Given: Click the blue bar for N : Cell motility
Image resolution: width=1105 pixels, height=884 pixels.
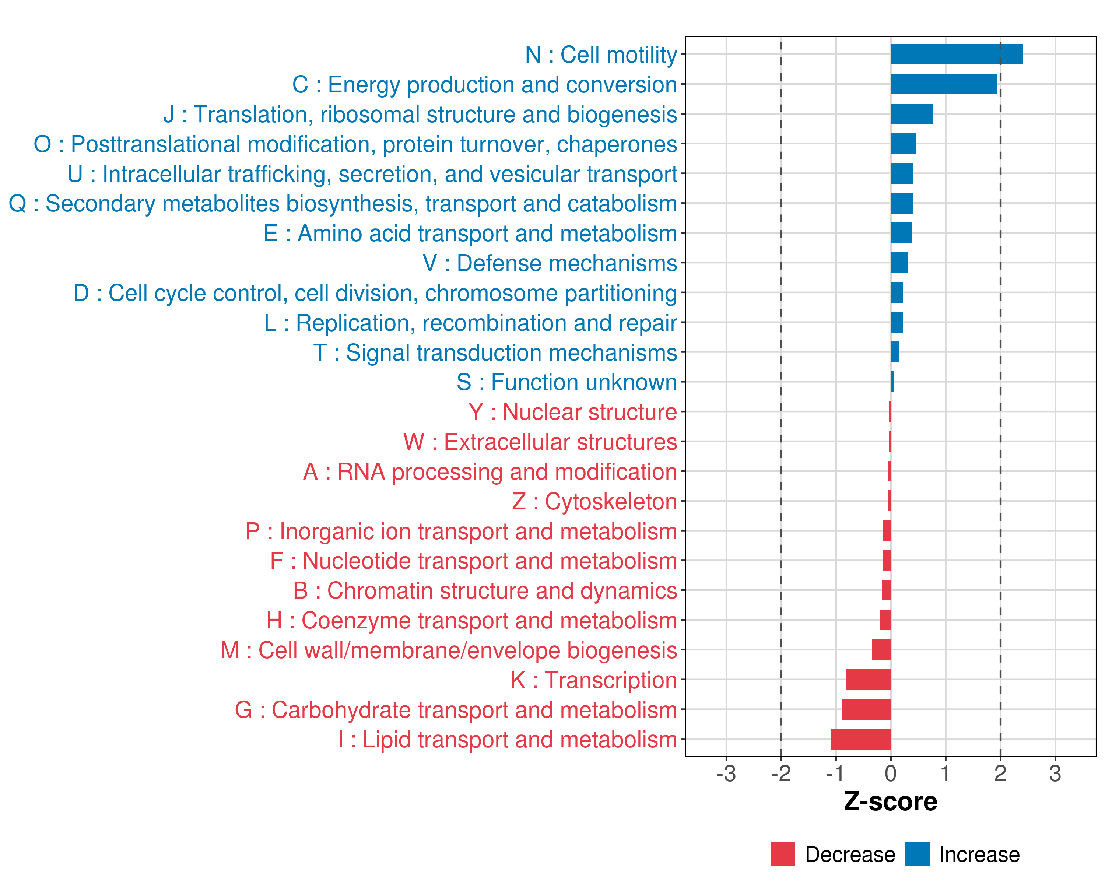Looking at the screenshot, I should click(x=956, y=54).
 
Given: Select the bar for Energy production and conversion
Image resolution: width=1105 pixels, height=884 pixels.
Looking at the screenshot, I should click(x=944, y=84).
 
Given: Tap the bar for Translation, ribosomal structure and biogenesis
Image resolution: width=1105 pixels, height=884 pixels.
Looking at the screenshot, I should click(x=911, y=114).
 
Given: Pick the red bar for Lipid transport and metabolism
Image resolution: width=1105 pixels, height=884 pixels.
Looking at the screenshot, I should click(x=861, y=739).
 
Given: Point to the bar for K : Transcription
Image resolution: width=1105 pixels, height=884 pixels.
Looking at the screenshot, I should click(x=868, y=680).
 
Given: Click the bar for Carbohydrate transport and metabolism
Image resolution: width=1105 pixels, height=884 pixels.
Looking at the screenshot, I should click(x=866, y=709).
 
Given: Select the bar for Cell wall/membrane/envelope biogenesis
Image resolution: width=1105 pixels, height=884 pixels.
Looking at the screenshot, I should click(x=881, y=650).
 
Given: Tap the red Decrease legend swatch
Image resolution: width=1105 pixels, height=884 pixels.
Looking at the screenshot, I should click(x=783, y=854).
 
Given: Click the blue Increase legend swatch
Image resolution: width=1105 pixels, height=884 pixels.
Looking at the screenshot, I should click(x=917, y=854).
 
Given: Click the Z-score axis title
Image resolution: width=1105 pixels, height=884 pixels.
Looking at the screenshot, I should click(x=890, y=801).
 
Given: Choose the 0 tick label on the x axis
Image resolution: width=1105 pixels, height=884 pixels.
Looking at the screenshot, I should click(x=891, y=773).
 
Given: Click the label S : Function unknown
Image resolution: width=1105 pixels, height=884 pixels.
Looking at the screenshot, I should click(x=567, y=382).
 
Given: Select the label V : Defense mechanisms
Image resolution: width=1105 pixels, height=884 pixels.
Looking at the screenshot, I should click(x=550, y=263).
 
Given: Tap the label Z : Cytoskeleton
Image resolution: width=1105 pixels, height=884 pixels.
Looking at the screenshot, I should click(x=594, y=501).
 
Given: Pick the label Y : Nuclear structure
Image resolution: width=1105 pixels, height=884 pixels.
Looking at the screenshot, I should click(x=572, y=412).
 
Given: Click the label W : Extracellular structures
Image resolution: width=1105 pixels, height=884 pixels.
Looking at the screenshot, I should click(x=540, y=442).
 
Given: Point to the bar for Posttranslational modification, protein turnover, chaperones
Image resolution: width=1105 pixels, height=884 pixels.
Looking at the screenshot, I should click(x=903, y=144).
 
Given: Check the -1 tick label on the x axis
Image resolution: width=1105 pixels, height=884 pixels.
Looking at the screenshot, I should click(x=835, y=773).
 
